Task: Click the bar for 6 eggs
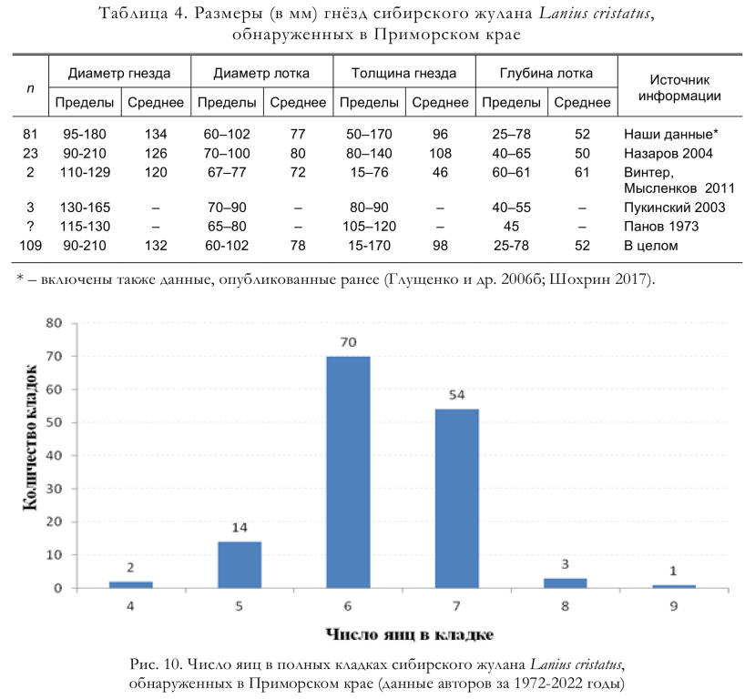(348, 472)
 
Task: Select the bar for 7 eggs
(456, 499)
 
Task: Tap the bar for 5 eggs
(240, 565)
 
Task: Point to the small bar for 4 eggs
(130, 585)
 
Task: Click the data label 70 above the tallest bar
(348, 342)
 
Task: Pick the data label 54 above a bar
(456, 395)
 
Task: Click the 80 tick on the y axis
(54, 323)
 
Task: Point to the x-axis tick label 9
(674, 606)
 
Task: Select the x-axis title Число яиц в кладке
(410, 634)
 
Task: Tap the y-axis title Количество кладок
(30, 438)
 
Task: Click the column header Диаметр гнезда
(119, 74)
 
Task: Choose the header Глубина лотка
(546, 74)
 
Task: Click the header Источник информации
(679, 88)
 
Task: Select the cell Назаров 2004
(668, 154)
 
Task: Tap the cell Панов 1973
(661, 227)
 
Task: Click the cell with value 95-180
(85, 135)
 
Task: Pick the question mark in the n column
(30, 227)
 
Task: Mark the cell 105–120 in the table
(369, 227)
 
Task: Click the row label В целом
(650, 246)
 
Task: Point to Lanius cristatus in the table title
(594, 14)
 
